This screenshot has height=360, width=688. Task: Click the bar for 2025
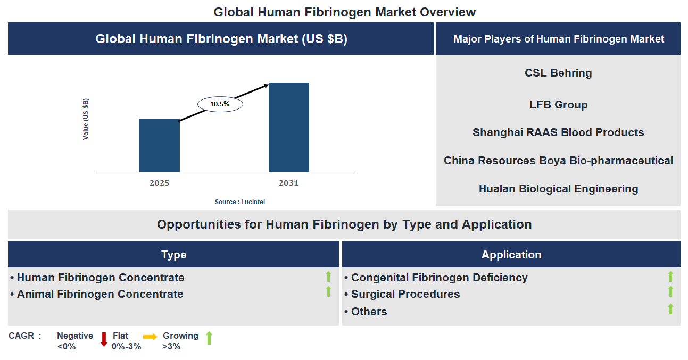coord(159,145)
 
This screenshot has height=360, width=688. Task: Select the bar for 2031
coord(288,128)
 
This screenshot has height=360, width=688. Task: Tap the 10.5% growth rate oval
coord(220,104)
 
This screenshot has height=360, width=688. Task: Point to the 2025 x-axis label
coord(159,183)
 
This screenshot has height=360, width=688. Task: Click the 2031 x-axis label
coord(288,183)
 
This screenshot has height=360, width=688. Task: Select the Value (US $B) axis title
coord(86,119)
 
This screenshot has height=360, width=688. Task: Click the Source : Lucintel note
coord(240,202)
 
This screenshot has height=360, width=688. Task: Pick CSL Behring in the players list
coord(558,73)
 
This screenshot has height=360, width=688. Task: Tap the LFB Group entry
coord(558,105)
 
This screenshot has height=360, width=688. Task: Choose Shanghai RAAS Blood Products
coord(558,132)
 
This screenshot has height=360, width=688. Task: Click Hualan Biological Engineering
coord(558,189)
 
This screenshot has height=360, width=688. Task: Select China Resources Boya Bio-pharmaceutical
coord(558,161)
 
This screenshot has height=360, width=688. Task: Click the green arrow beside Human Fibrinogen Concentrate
coord(328,277)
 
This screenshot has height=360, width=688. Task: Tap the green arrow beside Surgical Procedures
coord(670,291)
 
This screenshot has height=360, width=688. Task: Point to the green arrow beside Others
coord(670,309)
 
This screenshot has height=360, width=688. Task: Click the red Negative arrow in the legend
coord(104,339)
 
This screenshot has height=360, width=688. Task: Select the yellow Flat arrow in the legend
coord(150,337)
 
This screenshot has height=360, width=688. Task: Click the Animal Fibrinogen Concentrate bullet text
coord(100,294)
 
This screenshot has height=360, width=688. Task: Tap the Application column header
coord(511,255)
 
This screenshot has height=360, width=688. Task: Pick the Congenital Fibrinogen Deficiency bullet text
coord(439,278)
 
